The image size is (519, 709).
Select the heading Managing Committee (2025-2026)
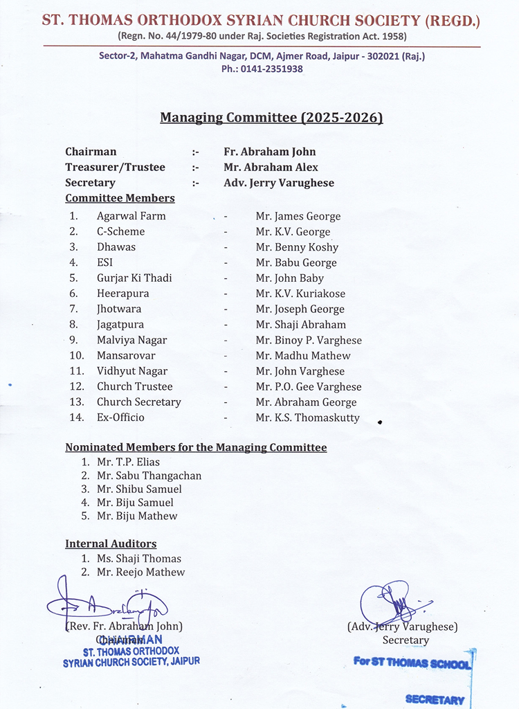coord(271,118)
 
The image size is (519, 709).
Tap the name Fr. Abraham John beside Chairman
coord(269,152)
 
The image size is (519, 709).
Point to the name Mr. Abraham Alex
coord(271,167)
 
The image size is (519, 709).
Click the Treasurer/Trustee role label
coord(115,167)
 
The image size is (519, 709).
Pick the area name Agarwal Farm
coord(131,216)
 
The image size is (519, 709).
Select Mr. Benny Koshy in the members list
coord(297,247)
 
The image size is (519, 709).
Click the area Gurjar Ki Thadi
coord(134,278)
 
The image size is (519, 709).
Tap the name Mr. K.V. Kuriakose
coord(300,294)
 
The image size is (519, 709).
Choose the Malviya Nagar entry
coord(131,340)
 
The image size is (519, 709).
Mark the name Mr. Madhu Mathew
coord(303,355)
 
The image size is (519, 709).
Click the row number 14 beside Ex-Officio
coord(76,418)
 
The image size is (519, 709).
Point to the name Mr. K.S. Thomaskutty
coord(308,418)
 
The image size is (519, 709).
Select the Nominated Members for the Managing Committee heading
coord(196,447)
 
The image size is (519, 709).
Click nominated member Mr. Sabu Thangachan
coord(149,476)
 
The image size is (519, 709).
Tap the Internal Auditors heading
coord(111,544)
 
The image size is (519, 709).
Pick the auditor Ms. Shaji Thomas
coord(138,559)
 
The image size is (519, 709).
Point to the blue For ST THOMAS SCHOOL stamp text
coord(412,663)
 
